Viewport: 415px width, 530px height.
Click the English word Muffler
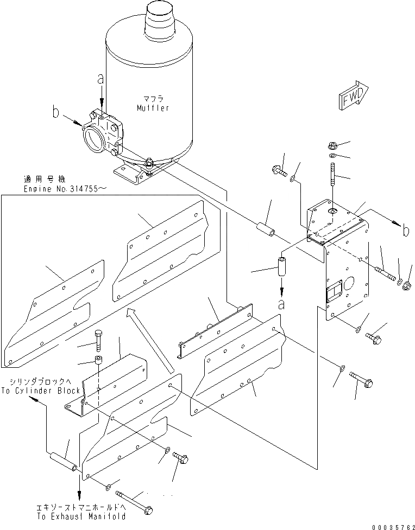tap(153, 108)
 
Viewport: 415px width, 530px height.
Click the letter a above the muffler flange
tap(100, 79)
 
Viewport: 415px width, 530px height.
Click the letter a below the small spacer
tap(281, 304)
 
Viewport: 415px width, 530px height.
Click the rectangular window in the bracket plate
tap(332, 293)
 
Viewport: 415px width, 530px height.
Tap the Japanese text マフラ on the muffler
tap(153, 98)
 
